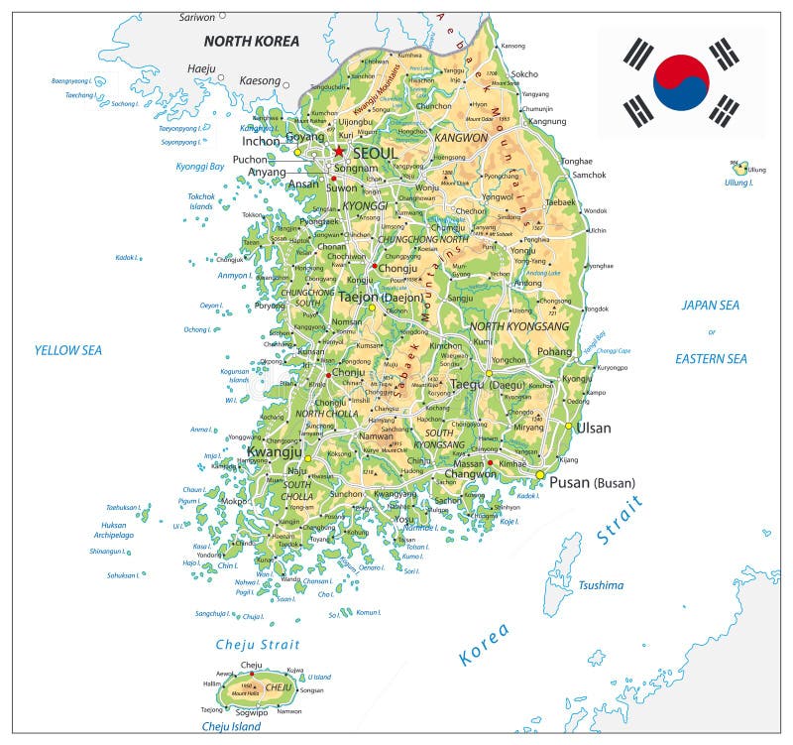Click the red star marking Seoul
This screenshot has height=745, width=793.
[x=339, y=151]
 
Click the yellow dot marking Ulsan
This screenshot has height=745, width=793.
[x=569, y=427]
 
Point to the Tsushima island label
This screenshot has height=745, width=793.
[x=601, y=585]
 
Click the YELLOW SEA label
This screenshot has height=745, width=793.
[x=68, y=350]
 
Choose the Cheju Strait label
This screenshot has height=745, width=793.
[x=258, y=645]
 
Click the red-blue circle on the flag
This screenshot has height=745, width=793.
[x=681, y=82]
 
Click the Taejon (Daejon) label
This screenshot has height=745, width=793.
[x=381, y=296]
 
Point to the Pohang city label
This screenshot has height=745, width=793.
[x=554, y=351]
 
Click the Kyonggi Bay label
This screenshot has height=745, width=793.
[x=200, y=167]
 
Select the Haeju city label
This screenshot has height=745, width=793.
[x=201, y=68]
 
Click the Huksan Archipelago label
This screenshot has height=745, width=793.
[x=113, y=531]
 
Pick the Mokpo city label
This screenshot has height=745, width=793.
[x=234, y=502]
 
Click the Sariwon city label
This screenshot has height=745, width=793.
[x=196, y=17]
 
